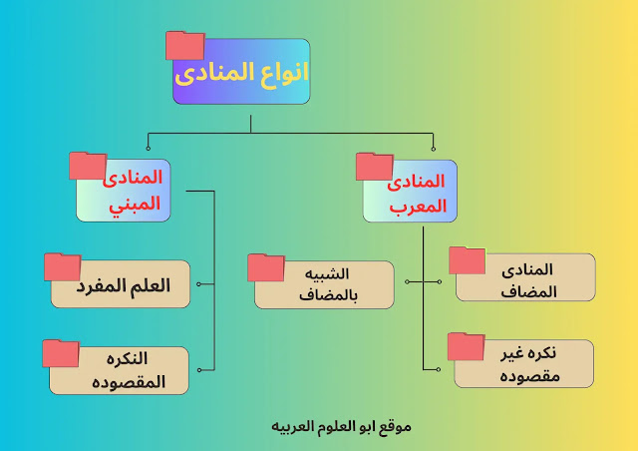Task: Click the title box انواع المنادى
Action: (x=242, y=72)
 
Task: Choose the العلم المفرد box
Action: (x=122, y=285)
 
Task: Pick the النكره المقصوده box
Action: (x=120, y=369)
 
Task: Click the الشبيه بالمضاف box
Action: (x=324, y=285)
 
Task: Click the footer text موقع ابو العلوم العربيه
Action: (x=342, y=426)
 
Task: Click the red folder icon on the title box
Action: (x=184, y=46)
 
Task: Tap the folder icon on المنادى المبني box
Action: (x=88, y=167)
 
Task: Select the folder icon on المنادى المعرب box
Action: (x=375, y=167)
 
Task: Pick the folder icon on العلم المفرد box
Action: (x=62, y=266)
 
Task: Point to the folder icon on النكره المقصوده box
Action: (x=61, y=352)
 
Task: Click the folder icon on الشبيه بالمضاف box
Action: (x=266, y=267)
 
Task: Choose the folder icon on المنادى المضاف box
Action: (x=467, y=259)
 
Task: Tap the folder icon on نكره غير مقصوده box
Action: (x=466, y=345)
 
